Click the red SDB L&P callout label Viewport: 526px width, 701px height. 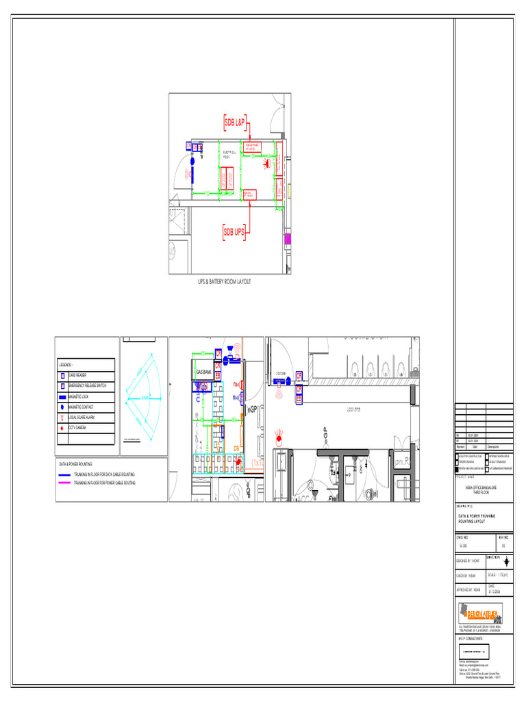235,123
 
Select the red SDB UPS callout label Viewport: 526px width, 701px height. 234,232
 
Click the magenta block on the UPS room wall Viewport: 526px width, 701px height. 288,238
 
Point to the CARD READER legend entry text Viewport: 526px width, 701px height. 77,376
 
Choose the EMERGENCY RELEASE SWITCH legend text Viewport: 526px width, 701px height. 87,386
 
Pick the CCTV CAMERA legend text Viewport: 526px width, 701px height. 77,427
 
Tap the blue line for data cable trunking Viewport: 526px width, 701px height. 64,474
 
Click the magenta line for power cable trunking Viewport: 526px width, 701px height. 64,483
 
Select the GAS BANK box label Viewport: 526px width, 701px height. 203,372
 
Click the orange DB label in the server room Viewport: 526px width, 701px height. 236,448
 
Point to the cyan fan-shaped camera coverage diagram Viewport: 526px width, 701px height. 144,397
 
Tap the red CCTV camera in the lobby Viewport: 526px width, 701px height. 278,435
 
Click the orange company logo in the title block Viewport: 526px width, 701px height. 480,613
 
